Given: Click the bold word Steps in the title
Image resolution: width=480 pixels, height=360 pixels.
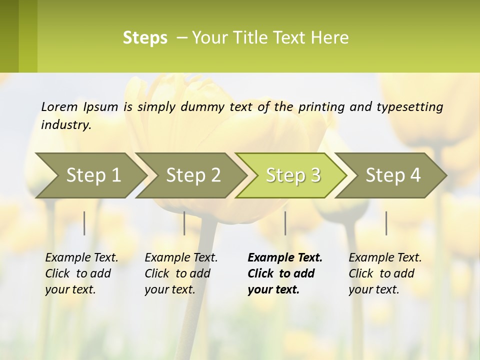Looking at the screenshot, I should click(x=145, y=38).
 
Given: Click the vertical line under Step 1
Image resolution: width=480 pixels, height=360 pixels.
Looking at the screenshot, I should click(x=84, y=223).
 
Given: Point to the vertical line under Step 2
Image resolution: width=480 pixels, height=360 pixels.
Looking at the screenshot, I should click(x=184, y=223).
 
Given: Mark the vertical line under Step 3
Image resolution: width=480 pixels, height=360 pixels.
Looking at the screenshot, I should click(x=285, y=223).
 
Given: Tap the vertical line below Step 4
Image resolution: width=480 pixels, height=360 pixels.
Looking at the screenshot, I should click(x=386, y=223).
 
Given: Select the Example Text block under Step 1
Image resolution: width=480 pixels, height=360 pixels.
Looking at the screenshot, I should click(x=81, y=273).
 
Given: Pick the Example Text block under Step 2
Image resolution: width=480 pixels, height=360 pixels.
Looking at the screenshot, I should click(x=181, y=273).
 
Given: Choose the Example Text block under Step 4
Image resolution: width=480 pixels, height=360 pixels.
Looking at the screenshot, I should click(x=385, y=273).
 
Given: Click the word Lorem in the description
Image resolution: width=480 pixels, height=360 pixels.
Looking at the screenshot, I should click(x=59, y=106).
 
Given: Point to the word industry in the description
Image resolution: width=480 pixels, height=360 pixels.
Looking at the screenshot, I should click(x=65, y=124).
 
